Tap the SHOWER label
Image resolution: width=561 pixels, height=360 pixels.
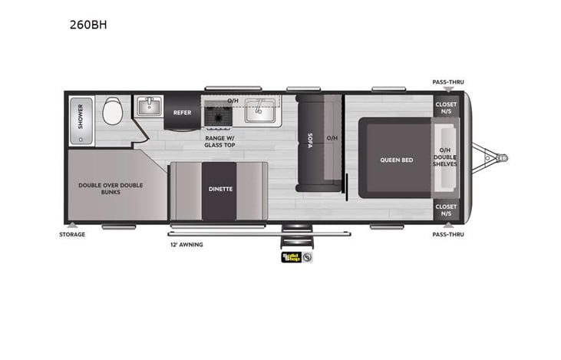click(79, 121)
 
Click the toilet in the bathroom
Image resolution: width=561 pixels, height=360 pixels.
click(112, 112)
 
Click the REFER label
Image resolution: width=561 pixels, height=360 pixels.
click(182, 112)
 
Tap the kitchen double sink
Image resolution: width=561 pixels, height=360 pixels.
click(261, 112)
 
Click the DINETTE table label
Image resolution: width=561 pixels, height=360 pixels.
click(219, 188)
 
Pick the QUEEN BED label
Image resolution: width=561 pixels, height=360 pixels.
click(397, 160)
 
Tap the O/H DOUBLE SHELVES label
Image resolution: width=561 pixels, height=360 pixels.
click(444, 157)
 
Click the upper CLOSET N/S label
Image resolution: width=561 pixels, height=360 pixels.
click(445, 107)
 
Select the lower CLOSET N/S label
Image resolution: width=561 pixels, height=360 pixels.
click(445, 209)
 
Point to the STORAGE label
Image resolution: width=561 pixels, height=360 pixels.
click(73, 234)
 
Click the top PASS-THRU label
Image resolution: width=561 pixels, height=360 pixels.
click(447, 82)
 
